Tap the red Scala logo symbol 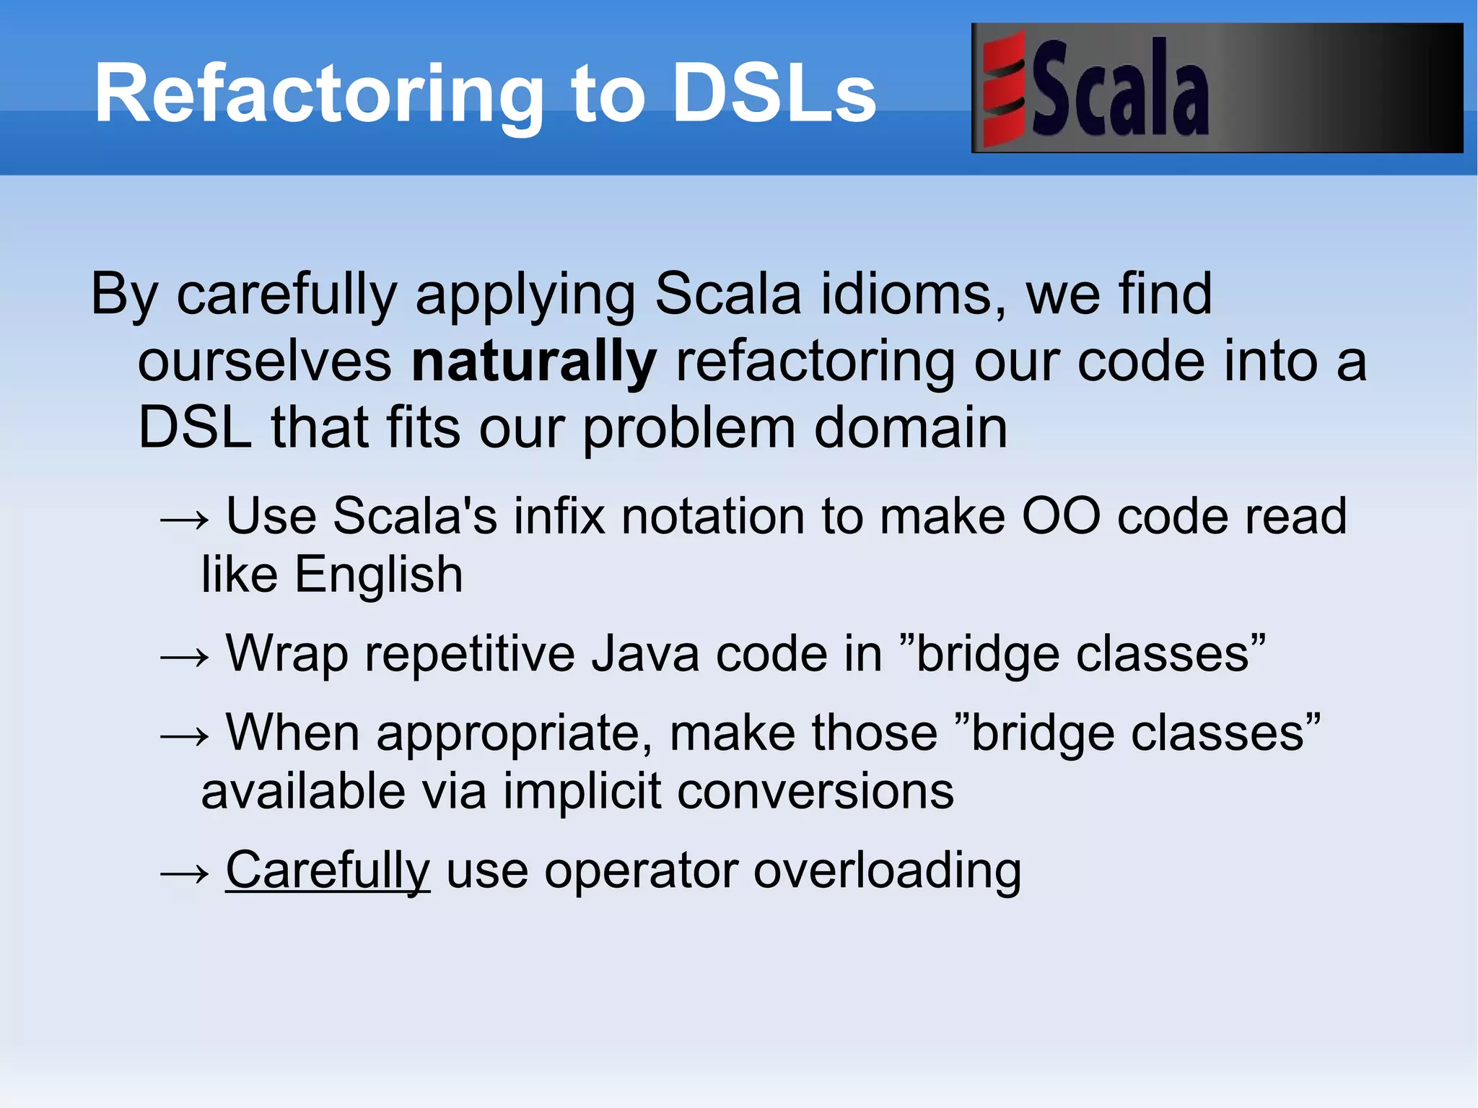pyautogui.click(x=1004, y=88)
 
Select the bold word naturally pyautogui.click(x=533, y=361)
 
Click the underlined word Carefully pyautogui.click(x=328, y=870)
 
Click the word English pyautogui.click(x=378, y=575)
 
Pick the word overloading pyautogui.click(x=887, y=871)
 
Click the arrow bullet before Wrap pyautogui.click(x=185, y=657)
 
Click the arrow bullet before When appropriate pyautogui.click(x=185, y=736)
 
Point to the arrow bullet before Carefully pyautogui.click(x=185, y=873)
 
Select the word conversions pyautogui.click(x=815, y=791)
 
